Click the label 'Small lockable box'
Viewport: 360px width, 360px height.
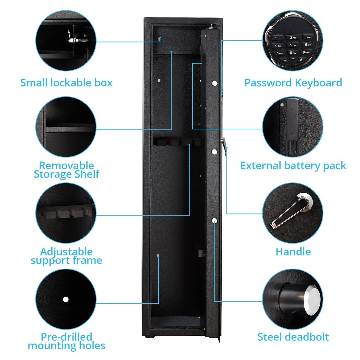tap(66, 83)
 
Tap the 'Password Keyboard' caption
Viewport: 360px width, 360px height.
tap(293, 83)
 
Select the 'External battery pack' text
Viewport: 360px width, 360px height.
tap(293, 166)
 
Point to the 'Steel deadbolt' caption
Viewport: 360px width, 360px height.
tap(293, 337)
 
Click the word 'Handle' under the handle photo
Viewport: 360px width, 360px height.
tap(293, 252)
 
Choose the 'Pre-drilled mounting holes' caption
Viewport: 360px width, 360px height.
tap(66, 341)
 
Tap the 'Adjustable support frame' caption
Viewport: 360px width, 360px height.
tap(66, 256)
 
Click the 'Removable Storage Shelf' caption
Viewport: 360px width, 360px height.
tap(66, 170)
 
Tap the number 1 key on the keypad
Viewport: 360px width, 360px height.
tap(276, 38)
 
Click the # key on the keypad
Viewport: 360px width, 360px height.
tap(301, 60)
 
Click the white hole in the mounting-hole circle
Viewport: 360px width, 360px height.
tap(66, 299)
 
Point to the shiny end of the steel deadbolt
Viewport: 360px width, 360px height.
tap(313, 300)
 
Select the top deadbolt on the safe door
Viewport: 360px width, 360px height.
tap(215, 83)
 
